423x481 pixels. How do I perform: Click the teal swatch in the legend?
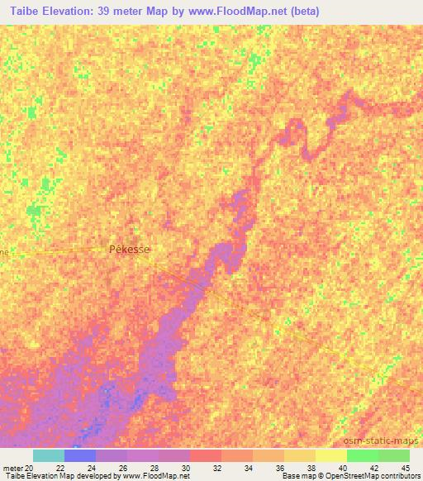point(49,455)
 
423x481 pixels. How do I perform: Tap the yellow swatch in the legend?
point(330,455)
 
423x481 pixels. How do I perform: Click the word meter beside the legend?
point(12,469)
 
